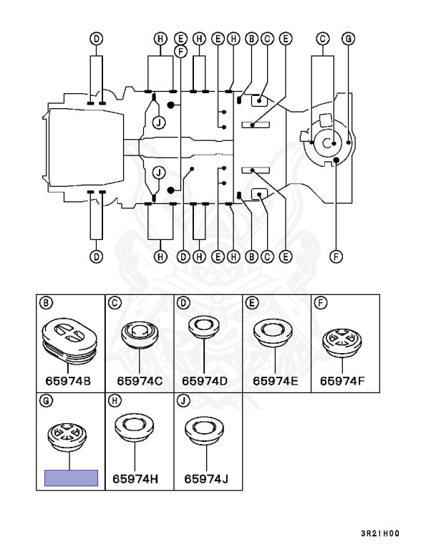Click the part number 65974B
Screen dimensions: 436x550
68,381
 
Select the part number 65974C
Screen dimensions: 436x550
140,381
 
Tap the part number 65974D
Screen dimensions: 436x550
205,381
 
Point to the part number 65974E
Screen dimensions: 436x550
276,381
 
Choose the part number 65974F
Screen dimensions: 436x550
342,381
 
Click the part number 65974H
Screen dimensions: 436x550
135,479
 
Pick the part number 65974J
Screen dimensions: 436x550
206,479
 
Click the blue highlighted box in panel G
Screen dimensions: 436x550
71,478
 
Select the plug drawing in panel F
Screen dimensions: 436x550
342,343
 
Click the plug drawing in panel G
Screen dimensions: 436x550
67,437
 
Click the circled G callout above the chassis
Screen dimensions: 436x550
349,39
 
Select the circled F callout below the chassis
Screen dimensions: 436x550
336,257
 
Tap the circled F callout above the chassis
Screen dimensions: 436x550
180,52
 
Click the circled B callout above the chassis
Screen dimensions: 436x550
251,39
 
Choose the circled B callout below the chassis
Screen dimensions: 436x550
251,257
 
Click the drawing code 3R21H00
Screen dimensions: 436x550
380,534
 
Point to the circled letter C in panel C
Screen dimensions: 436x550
115,303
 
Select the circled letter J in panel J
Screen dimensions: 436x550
183,400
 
